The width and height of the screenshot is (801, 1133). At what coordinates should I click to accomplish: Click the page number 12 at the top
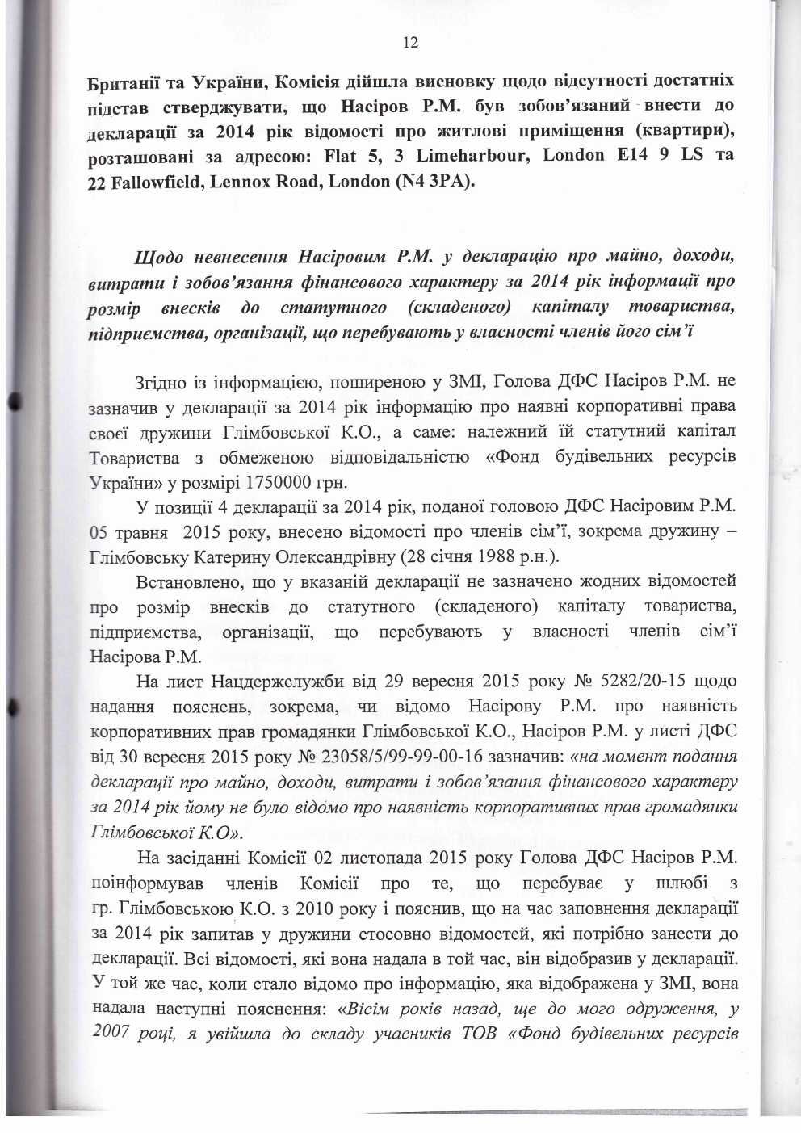(410, 43)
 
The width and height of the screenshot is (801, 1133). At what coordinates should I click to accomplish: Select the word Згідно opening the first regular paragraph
(161, 381)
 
